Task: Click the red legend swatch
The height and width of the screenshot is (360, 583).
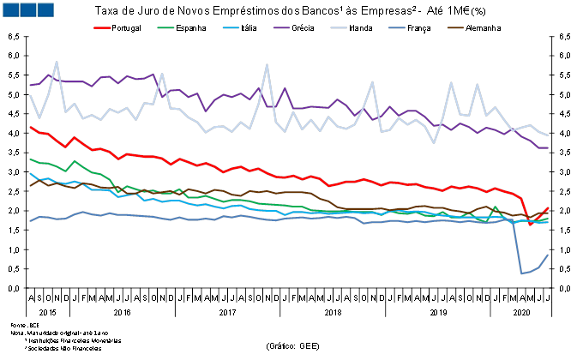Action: (102, 27)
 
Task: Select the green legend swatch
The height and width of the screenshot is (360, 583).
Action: (166, 27)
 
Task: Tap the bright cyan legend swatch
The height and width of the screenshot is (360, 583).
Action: (231, 27)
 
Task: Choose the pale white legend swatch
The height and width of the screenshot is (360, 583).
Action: (339, 27)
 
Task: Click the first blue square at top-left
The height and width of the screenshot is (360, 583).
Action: (10, 9)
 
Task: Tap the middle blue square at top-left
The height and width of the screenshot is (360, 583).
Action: (27, 9)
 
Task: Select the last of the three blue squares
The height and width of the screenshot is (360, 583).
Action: (45, 9)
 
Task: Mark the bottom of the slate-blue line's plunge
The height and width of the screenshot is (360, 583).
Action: (521, 273)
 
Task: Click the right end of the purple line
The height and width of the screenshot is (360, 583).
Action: (547, 147)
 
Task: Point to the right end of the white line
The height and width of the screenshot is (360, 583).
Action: (547, 135)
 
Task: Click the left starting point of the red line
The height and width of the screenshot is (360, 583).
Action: (30, 127)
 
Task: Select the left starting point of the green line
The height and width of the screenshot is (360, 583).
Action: (30, 159)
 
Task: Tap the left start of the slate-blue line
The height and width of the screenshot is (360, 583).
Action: (30, 221)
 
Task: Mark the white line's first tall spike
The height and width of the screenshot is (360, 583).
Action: (57, 62)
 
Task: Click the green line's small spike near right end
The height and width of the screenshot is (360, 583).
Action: (495, 207)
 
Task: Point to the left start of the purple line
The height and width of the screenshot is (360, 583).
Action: (30, 85)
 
